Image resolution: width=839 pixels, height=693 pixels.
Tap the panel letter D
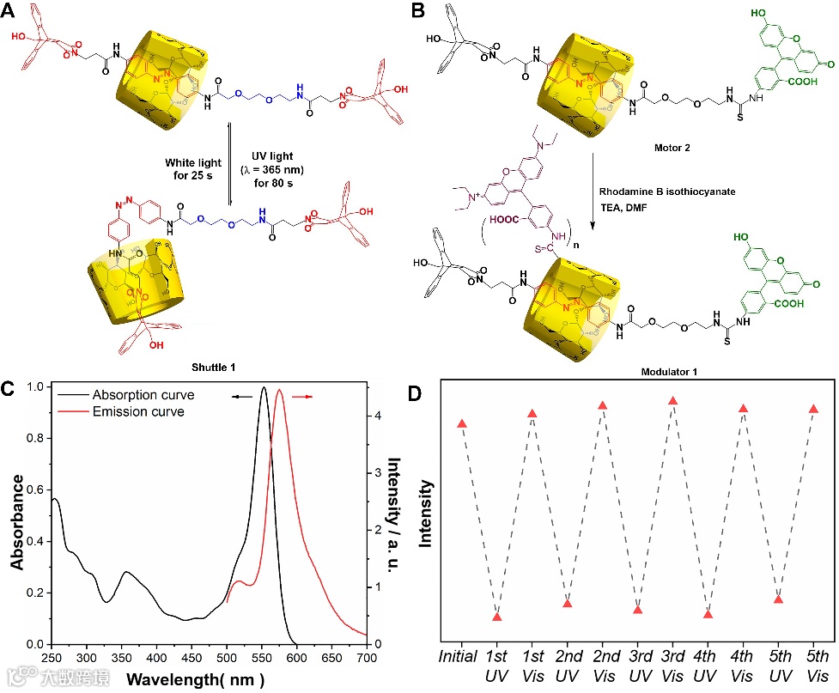point(440,395)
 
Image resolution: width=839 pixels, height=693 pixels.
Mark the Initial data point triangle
point(462,424)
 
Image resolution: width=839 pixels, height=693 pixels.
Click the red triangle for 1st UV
point(497,617)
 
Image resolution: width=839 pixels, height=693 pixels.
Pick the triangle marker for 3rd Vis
point(673,401)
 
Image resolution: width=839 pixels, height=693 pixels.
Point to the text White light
point(192,162)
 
